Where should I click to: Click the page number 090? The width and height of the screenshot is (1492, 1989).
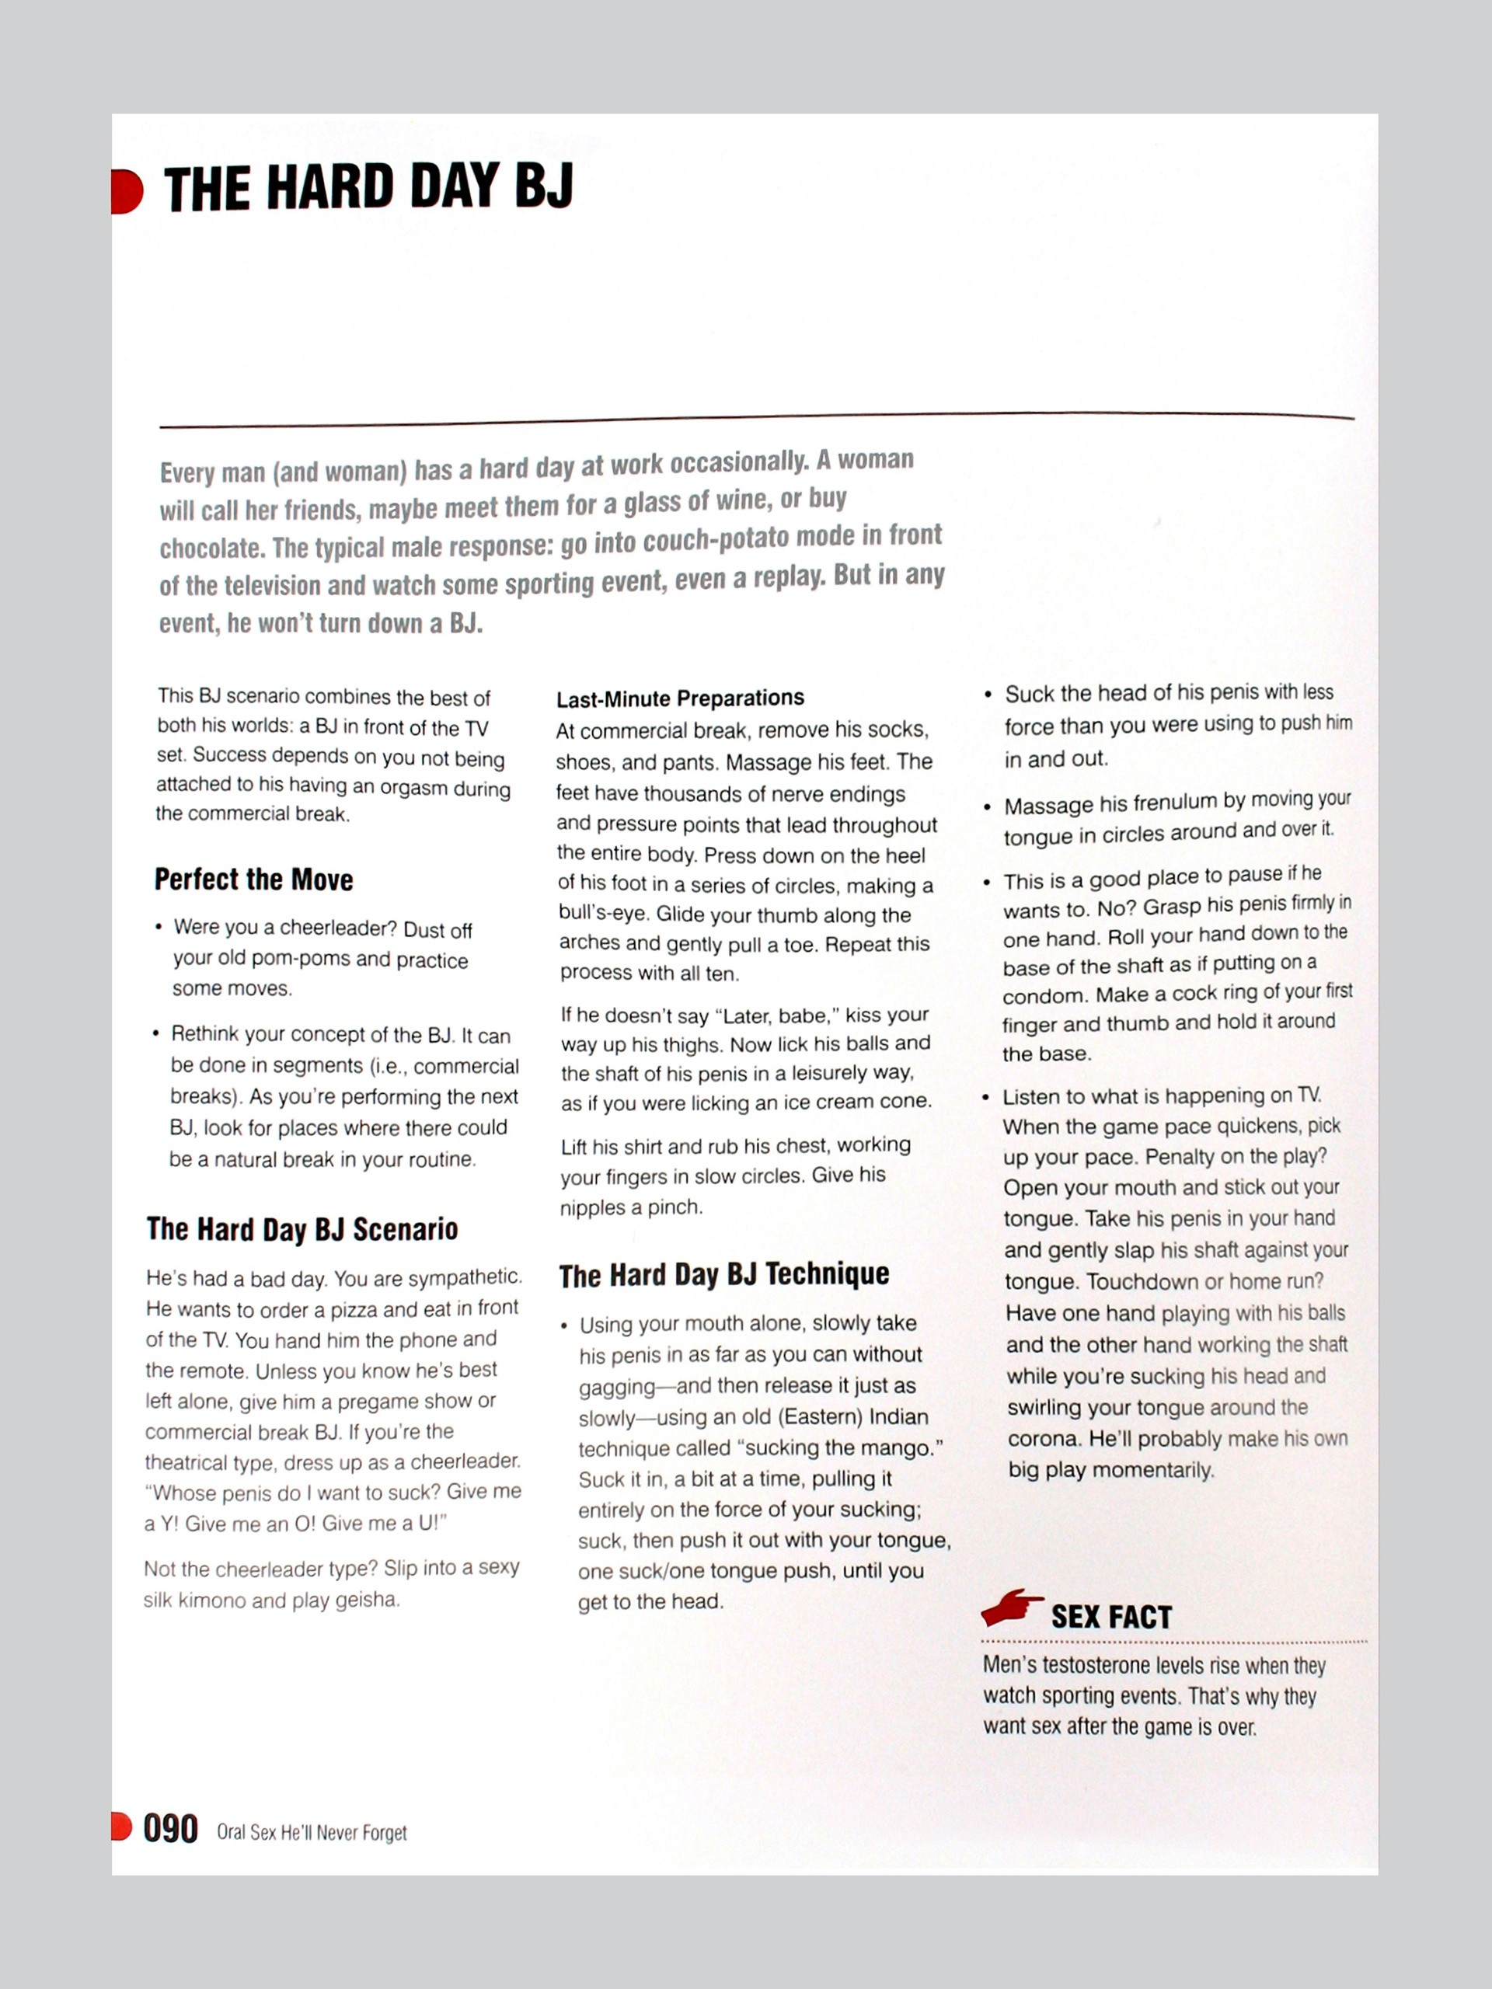click(x=171, y=1829)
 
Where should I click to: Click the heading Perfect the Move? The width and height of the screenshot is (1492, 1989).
click(x=253, y=880)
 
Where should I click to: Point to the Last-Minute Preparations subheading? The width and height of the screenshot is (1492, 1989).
click(x=680, y=698)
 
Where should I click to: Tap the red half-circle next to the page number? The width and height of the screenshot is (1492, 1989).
click(x=121, y=1827)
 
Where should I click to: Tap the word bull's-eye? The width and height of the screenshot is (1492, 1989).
click(x=604, y=914)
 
